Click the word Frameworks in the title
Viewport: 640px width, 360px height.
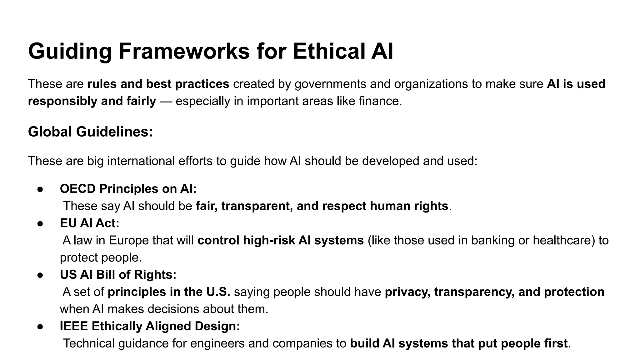pos(184,51)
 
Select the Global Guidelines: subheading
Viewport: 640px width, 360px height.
pos(90,132)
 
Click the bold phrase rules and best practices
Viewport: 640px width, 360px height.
pos(158,84)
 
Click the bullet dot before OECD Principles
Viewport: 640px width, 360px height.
pos(40,189)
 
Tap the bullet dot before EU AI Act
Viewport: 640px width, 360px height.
pos(40,223)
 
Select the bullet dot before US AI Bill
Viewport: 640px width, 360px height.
pos(40,275)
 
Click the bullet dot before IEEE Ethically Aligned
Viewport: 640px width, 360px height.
pos(40,326)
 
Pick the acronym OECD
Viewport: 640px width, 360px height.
pos(77,189)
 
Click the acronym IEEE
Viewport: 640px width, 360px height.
pos(74,326)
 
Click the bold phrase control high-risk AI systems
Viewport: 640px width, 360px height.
pos(281,240)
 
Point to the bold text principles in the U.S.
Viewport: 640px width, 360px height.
pos(169,292)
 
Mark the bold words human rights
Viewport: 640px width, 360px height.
pos(409,206)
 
